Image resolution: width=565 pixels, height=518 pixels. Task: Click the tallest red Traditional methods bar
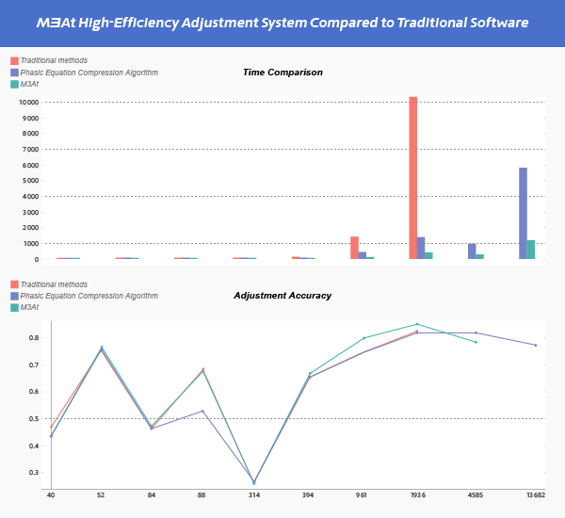click(412, 178)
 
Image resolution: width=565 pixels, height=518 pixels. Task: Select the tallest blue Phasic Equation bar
click(523, 213)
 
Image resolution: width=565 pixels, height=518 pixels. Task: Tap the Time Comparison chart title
click(282, 73)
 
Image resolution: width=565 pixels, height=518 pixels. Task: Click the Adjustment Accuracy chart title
click(282, 296)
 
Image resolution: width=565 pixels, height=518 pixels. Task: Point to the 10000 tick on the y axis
click(30, 103)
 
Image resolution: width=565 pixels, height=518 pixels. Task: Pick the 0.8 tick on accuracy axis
click(35, 337)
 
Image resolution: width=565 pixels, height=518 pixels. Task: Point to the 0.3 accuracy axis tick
click(35, 472)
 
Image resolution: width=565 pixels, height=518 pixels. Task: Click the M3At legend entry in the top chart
click(29, 84)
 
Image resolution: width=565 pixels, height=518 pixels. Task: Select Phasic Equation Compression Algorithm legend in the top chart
click(89, 73)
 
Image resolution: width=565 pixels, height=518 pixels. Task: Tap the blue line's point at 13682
click(536, 345)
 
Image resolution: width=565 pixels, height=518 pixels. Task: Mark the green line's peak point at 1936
click(417, 324)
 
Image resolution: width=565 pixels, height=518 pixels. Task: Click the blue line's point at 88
click(202, 411)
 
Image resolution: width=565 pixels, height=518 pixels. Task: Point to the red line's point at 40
click(51, 427)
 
